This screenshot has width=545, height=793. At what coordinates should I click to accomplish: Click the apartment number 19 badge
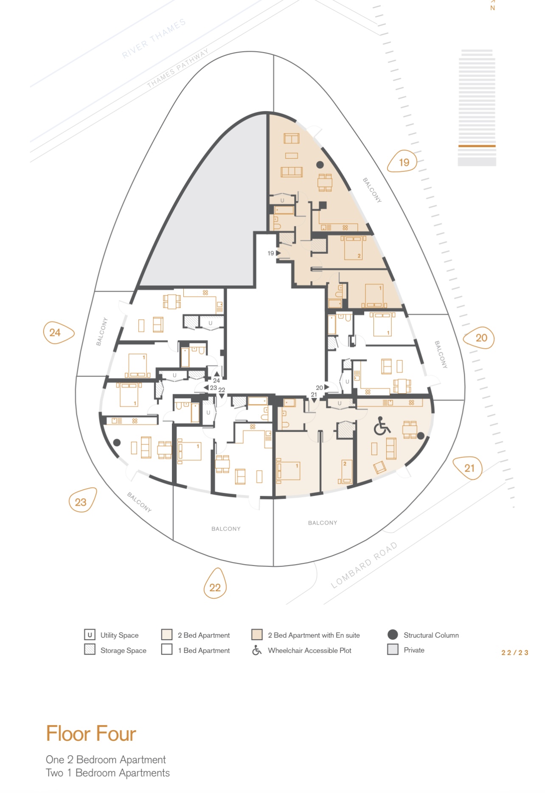(403, 161)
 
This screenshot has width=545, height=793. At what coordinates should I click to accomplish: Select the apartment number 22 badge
(215, 584)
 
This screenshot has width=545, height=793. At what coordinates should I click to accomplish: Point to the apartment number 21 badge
(468, 467)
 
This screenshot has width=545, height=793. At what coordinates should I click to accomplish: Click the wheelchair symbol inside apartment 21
(382, 426)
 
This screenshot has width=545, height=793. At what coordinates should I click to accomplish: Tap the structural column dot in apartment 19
(320, 165)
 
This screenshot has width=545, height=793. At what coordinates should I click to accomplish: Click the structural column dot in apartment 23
(117, 443)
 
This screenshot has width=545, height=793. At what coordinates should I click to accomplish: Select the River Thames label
(154, 38)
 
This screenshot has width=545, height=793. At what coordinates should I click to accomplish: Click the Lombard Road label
(364, 565)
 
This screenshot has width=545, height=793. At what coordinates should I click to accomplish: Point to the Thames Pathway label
(178, 68)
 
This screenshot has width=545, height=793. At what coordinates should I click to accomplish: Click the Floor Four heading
(91, 734)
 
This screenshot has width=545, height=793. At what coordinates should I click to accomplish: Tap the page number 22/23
(515, 652)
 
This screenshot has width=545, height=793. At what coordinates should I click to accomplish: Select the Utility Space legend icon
(90, 635)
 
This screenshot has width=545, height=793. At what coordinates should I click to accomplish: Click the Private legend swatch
(393, 650)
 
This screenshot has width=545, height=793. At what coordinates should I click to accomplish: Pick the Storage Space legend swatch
(90, 650)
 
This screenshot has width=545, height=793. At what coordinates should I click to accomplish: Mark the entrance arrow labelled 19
(278, 253)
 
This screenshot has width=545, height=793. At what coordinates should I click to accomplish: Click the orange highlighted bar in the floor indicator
(477, 146)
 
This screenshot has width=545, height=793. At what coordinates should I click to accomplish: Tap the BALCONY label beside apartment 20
(441, 354)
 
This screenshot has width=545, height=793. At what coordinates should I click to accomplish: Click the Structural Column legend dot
(393, 635)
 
